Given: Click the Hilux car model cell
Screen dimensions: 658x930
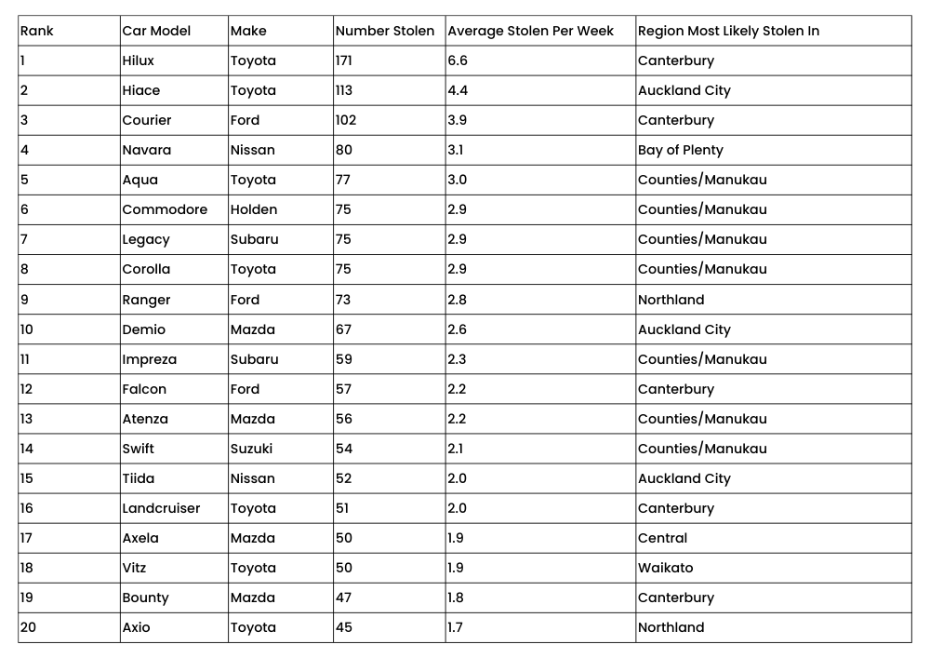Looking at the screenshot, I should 139,60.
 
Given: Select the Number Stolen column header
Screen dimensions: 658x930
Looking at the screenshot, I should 385,31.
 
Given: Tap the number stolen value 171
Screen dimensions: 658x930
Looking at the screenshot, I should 346,60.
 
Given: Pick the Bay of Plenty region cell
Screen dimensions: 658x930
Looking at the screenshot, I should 681,150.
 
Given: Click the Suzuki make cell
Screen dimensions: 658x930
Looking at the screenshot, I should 252,449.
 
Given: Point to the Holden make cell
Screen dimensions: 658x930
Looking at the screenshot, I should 254,209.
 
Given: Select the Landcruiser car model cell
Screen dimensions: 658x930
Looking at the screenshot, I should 161,508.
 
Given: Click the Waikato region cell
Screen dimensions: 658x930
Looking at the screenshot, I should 666,568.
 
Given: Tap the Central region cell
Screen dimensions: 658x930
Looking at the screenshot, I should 663,538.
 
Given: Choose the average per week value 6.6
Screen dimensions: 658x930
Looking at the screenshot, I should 458,60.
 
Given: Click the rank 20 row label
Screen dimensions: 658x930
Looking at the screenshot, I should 29,627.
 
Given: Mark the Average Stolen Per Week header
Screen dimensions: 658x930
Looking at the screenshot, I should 531,31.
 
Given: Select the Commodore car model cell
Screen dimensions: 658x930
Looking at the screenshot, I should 165,209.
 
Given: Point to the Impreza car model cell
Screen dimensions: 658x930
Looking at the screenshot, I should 149,359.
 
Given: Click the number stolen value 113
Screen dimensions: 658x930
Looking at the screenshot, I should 346,90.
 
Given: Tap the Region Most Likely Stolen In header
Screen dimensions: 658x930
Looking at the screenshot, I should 728,31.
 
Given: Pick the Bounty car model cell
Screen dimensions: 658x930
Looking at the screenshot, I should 145,598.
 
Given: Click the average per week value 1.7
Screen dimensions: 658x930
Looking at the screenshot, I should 455,627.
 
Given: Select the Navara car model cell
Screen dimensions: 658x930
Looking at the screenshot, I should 146,150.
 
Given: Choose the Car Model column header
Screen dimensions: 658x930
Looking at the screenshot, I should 156,31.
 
